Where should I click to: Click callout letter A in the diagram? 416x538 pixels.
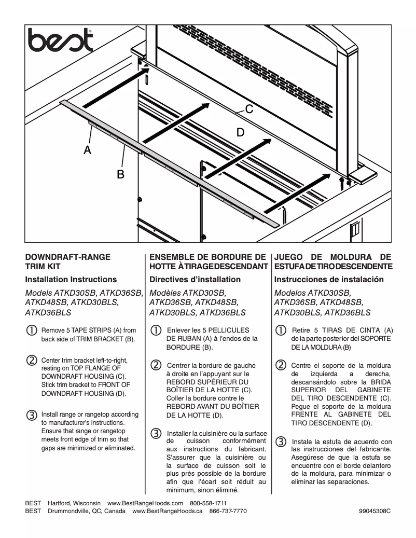click(88, 150)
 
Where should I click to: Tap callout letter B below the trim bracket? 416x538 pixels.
click(120, 174)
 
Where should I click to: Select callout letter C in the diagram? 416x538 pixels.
click(249, 109)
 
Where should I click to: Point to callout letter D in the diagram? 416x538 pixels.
click(240, 132)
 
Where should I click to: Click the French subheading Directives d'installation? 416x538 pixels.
click(195, 280)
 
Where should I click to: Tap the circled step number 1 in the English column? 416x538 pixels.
click(32, 330)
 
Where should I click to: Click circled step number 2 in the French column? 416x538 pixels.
click(156, 364)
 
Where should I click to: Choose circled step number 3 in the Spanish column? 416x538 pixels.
click(280, 442)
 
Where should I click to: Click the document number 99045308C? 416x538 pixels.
click(375, 511)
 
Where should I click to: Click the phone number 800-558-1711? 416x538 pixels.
click(208, 503)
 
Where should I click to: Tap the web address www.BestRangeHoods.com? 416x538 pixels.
click(145, 503)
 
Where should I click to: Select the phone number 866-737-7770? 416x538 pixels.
click(228, 511)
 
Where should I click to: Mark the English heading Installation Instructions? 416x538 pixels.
click(71, 280)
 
